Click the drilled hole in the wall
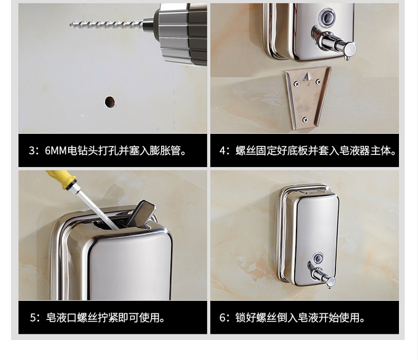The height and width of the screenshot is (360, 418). point(110,102)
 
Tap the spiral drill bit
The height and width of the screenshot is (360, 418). point(106,25)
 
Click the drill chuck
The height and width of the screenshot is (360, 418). point(181,32)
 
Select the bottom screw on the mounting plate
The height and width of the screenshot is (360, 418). point(305,120)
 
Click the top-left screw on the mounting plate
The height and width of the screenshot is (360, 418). point(296,84)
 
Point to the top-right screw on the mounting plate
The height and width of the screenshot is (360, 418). point(318,82)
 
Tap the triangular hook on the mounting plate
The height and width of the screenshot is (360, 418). point(307,77)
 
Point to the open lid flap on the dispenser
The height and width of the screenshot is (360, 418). point(141,212)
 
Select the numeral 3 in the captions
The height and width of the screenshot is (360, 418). point(32,151)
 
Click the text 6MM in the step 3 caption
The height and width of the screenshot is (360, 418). point(55,151)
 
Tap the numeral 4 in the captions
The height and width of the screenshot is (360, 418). point(222,151)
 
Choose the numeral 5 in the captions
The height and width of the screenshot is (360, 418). point(33,318)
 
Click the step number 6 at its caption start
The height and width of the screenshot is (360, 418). point(222,318)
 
